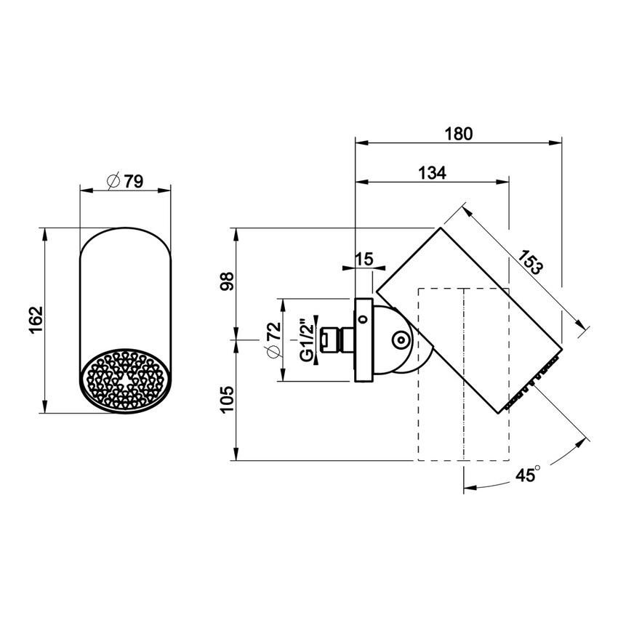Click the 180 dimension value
coord(459,134)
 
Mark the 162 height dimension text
coord(37,320)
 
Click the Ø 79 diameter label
coord(124,182)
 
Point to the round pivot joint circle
coord(399,340)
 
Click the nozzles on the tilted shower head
coord(534,378)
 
